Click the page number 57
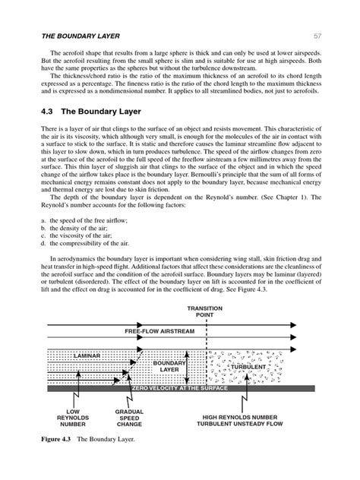(317, 35)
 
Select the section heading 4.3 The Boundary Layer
(87, 110)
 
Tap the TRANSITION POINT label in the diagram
(210, 311)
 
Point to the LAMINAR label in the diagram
(90, 355)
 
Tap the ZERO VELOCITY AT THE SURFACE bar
(182, 388)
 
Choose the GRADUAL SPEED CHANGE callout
(129, 418)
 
